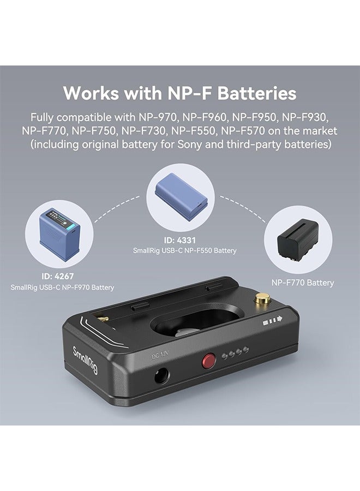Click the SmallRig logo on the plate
(85, 360)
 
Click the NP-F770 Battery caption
(303, 283)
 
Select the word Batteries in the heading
(257, 93)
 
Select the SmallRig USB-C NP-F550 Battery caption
(185, 250)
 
